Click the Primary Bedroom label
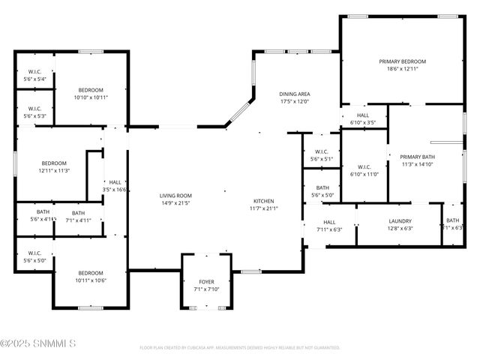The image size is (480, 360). (402, 61)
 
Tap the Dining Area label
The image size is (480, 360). (295, 94)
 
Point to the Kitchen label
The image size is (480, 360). (263, 201)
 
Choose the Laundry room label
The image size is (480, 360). (400, 221)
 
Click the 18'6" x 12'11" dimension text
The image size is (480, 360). (402, 69)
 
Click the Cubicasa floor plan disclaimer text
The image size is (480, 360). (240, 348)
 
